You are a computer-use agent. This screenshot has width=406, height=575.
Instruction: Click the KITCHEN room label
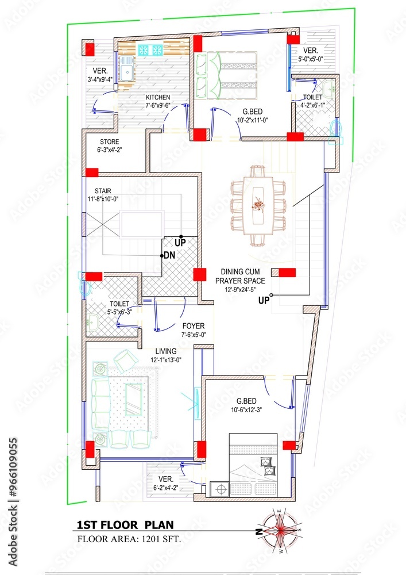tap(157, 97)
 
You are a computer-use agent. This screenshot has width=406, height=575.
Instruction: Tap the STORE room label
tap(110, 141)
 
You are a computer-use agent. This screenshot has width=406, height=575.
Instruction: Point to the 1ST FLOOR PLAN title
tap(125, 524)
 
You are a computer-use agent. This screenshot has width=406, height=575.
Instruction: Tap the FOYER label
tap(193, 326)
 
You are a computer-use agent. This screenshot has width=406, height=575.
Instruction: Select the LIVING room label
tap(165, 351)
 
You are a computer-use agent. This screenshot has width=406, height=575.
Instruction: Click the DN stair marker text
tap(169, 255)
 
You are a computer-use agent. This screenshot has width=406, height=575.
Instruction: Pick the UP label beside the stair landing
tap(180, 244)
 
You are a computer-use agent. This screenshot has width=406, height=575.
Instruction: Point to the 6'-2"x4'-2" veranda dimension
tap(166, 487)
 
